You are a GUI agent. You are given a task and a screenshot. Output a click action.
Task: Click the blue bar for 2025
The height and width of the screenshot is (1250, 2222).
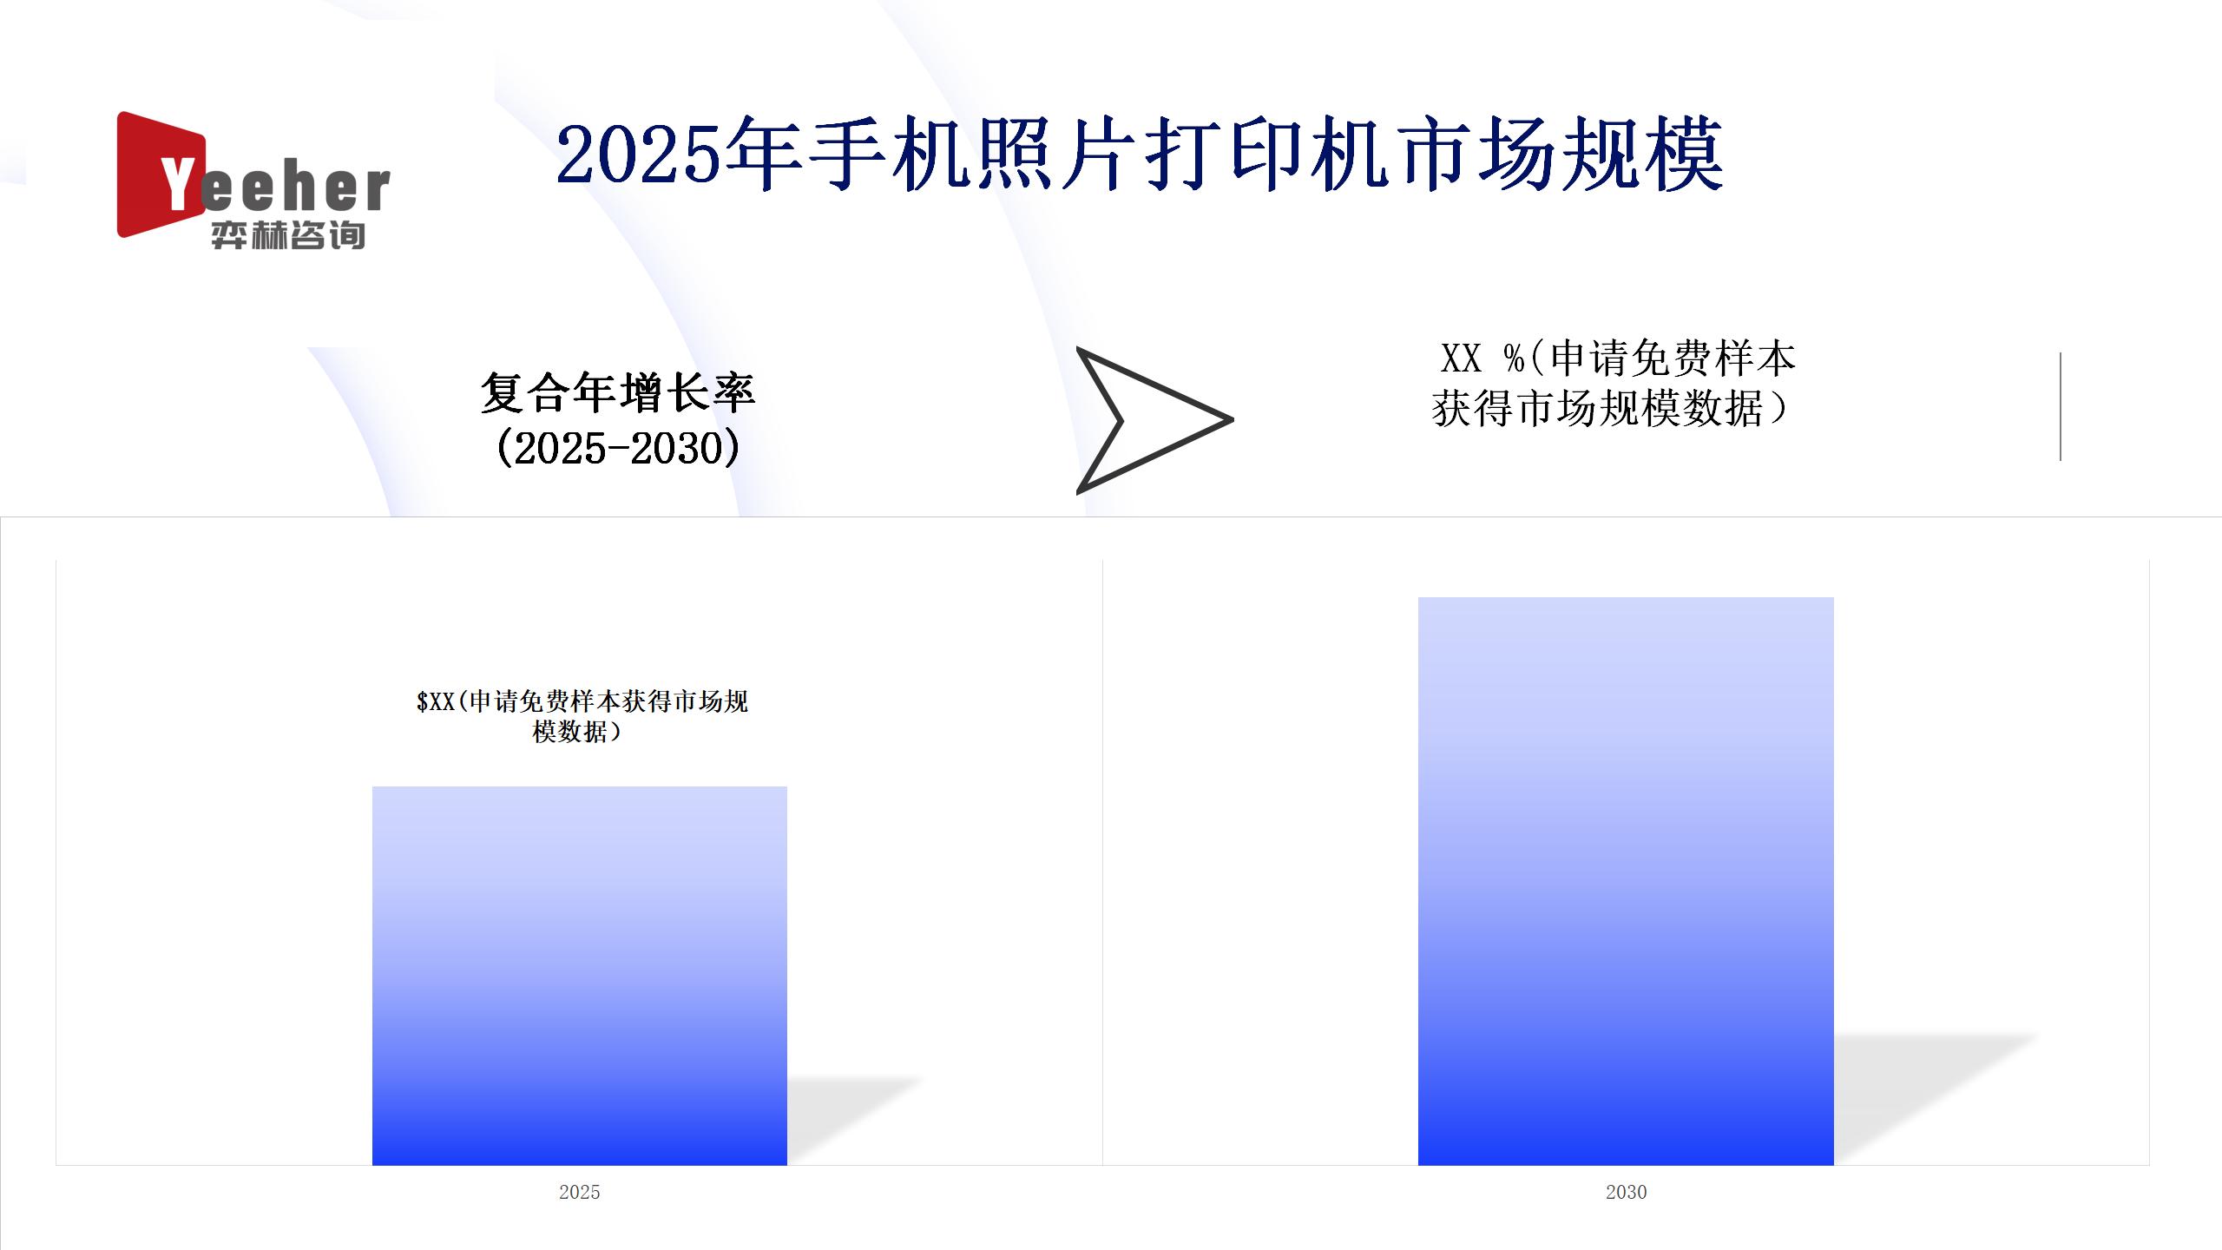(580, 976)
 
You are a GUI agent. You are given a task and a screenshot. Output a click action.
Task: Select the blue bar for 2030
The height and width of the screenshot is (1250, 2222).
(1626, 881)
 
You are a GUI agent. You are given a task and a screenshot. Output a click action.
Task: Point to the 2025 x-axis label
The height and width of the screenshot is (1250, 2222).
(580, 1192)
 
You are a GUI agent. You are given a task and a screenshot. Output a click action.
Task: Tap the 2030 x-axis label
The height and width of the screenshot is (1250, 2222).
(1626, 1192)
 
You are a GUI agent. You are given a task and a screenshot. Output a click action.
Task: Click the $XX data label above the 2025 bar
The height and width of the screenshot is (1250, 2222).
(582, 716)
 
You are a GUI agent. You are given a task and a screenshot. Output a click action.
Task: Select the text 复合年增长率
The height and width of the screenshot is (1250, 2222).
(618, 393)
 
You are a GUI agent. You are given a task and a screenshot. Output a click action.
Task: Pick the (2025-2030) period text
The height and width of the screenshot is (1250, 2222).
(618, 448)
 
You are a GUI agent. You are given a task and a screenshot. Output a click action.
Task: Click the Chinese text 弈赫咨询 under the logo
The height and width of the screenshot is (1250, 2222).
(287, 235)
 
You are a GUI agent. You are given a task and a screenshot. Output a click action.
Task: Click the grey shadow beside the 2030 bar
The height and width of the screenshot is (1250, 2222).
(1936, 1098)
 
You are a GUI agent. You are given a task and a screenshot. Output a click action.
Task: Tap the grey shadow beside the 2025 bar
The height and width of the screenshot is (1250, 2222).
(855, 1120)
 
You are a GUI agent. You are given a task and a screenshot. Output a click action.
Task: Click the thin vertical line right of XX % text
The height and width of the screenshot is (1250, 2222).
(2060, 406)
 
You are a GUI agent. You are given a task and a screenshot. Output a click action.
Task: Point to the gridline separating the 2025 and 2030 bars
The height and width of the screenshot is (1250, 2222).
(1102, 862)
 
